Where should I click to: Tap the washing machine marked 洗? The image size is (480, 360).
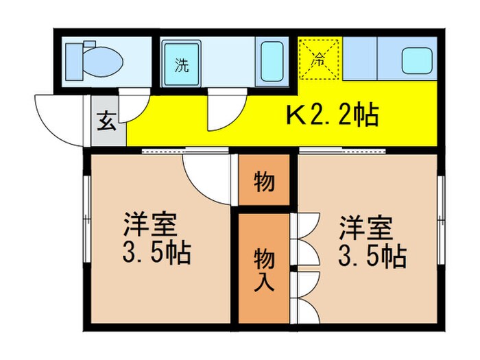(x=182, y=65)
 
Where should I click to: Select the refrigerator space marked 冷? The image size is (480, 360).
(x=320, y=60)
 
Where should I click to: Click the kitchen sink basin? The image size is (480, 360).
(x=417, y=60)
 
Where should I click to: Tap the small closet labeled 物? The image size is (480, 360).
(x=264, y=182)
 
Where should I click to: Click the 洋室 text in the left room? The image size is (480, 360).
(x=151, y=226)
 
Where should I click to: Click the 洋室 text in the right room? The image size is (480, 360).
(x=365, y=226)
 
